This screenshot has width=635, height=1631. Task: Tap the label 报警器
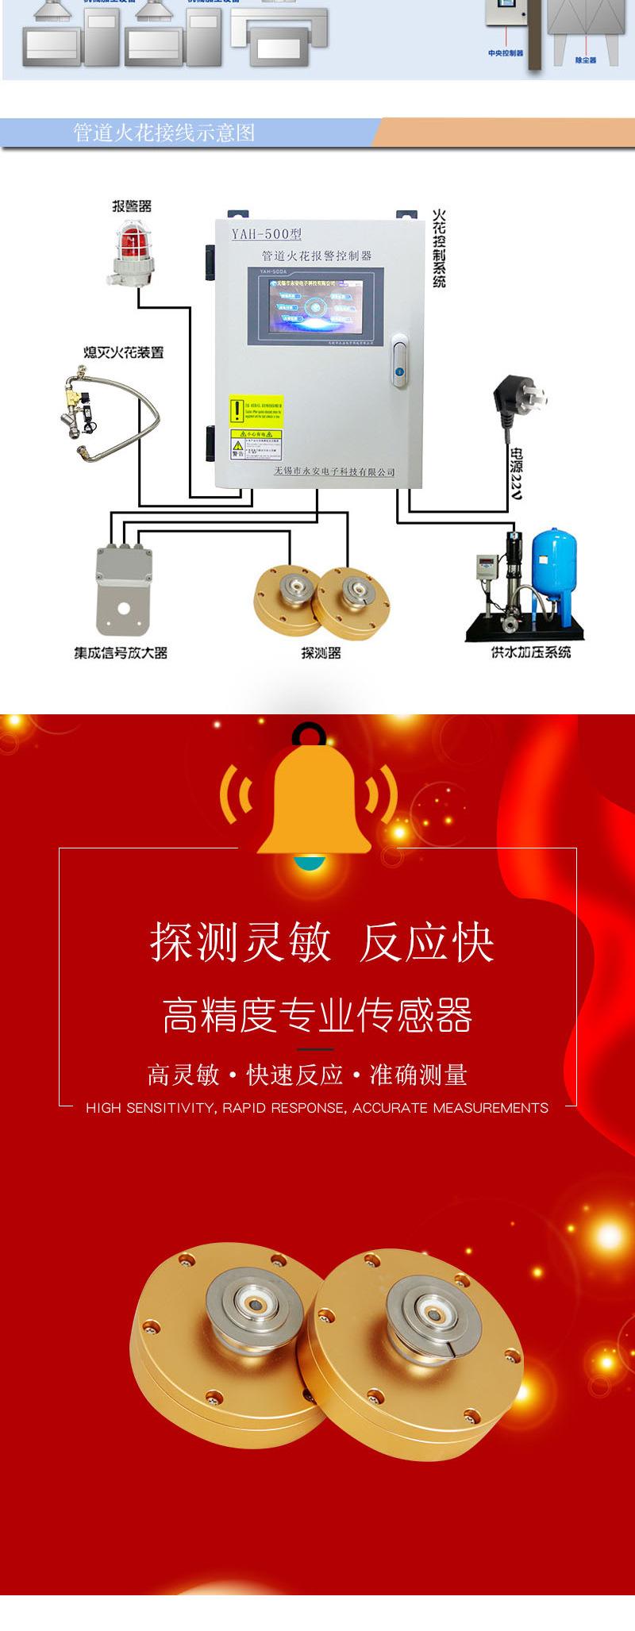coord(131,206)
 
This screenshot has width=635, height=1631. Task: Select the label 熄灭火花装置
coord(124,352)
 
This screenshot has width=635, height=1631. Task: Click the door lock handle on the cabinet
coord(400,361)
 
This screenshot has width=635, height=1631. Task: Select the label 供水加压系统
coord(531,652)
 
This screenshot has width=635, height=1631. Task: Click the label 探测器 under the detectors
coord(321,652)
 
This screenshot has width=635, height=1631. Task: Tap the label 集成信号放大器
coord(121,653)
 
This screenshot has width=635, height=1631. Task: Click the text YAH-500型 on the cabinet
coord(266,234)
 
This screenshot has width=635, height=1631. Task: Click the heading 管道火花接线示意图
coord(164,133)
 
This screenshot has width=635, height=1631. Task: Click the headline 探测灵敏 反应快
coord(321,943)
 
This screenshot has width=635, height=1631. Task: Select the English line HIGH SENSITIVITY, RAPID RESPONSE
coord(317,1107)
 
